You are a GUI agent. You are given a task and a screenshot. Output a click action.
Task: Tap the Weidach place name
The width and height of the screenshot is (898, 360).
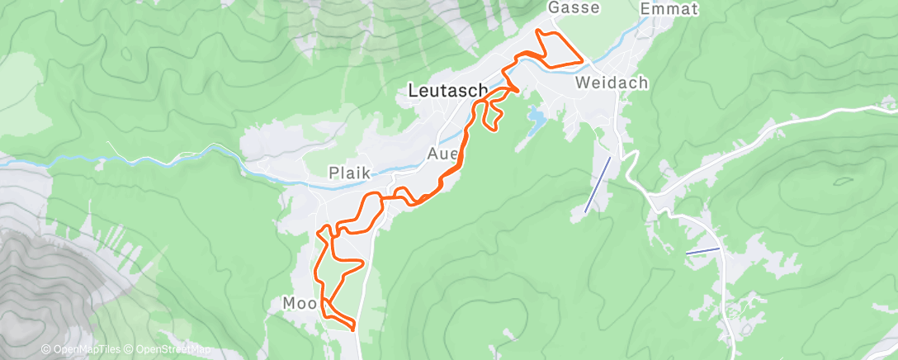click(612, 83)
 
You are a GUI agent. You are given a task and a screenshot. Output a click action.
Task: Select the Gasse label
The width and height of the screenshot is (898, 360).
click(574, 7)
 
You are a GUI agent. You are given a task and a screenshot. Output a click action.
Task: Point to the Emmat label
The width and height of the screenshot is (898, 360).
click(669, 9)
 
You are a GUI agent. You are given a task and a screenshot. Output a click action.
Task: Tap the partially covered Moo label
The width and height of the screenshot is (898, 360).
click(295, 304)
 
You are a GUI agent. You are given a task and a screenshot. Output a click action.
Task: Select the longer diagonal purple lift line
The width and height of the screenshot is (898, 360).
click(598, 184)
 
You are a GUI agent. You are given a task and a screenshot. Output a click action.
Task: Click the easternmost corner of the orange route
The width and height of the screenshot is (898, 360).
click(584, 61)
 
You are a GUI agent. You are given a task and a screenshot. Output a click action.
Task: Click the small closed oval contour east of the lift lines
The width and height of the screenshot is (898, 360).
click(844, 180)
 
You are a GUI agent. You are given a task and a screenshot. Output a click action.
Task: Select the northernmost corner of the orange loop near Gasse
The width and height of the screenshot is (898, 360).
click(540, 31)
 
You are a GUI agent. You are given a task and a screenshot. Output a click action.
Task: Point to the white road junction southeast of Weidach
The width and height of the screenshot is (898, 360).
click(650, 198)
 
